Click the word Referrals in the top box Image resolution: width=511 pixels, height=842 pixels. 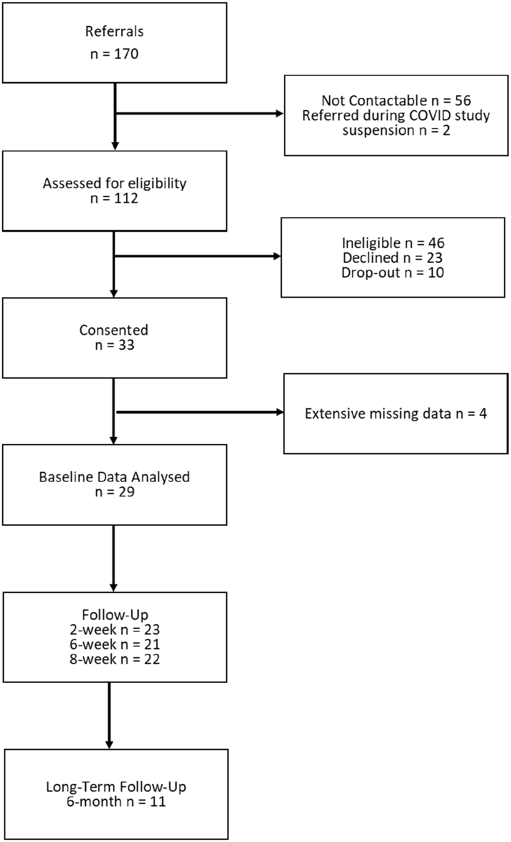click(115, 31)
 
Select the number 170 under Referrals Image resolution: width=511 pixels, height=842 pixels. click(126, 54)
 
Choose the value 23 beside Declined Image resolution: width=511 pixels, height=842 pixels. click(434, 257)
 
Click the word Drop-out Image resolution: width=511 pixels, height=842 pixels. click(371, 273)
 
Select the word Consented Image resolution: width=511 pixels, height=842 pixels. click(114, 330)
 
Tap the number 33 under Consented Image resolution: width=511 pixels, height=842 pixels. click(126, 345)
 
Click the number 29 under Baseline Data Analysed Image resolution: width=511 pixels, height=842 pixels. click(126, 492)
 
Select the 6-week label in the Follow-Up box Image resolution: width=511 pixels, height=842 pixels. click(93, 644)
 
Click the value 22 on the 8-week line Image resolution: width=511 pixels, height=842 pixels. click(152, 659)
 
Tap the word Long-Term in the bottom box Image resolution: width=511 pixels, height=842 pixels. click(80, 787)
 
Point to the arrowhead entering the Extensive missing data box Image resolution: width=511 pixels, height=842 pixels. click(280, 412)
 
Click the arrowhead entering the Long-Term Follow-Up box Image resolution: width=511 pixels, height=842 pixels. click(109, 744)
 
